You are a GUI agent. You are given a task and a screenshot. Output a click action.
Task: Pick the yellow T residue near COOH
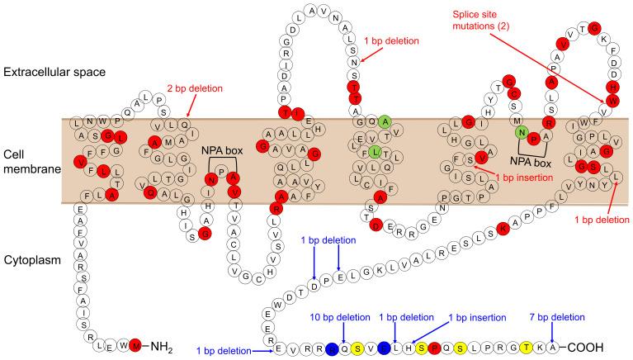tap(525, 347)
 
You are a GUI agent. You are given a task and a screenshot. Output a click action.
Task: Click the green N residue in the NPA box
tap(521, 131)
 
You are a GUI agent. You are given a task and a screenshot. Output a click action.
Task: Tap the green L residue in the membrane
tap(375, 151)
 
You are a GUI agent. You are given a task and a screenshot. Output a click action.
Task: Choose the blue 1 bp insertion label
tap(475, 317)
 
